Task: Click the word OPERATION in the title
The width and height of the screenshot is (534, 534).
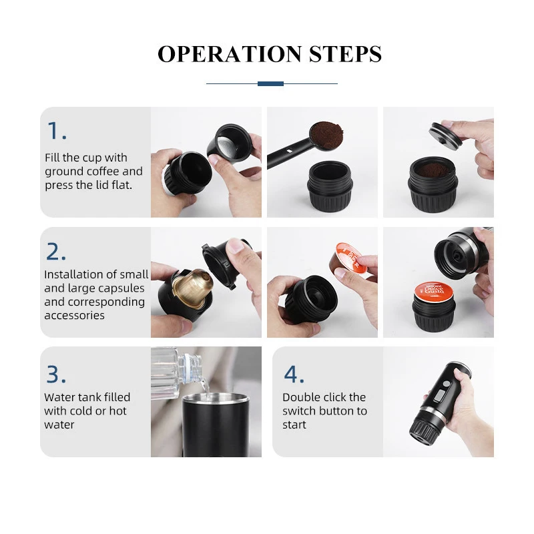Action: pos(230,54)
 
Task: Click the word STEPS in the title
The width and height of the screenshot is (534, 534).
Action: pos(345,54)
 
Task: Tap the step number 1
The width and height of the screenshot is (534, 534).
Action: pos(57,131)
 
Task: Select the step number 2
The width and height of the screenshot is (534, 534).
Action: pos(56,252)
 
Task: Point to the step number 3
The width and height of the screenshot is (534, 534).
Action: pos(56,374)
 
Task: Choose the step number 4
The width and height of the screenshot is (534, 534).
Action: pos(294,374)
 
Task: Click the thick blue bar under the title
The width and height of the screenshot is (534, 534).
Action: pos(270,84)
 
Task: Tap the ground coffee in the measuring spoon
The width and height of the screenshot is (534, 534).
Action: pos(326,134)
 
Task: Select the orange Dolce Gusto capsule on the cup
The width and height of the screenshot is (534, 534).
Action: pos(435,292)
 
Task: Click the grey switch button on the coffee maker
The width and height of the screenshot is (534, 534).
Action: pos(440,396)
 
